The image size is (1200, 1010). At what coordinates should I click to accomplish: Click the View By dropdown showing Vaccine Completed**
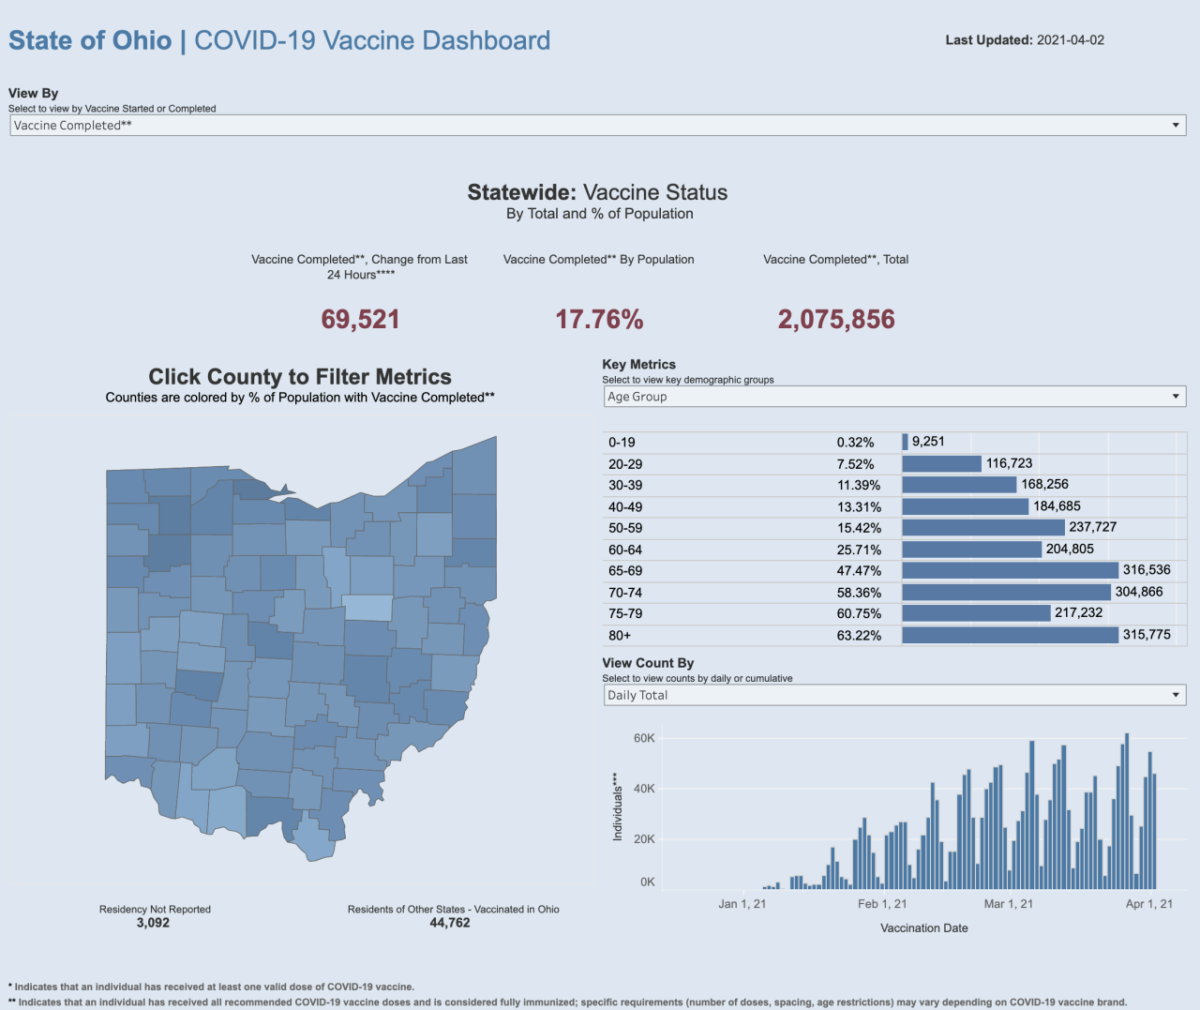tap(597, 126)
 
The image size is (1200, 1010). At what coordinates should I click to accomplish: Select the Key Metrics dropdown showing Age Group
tap(894, 397)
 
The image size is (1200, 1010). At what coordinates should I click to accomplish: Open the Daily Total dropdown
tap(894, 695)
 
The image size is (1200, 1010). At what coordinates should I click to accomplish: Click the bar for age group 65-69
tap(1010, 570)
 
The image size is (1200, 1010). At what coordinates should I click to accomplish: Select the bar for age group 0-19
tap(905, 442)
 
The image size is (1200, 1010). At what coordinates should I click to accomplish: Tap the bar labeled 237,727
tap(982, 528)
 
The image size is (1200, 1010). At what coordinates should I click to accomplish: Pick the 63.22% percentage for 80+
tap(859, 636)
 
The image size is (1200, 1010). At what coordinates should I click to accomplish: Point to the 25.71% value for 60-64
tap(859, 550)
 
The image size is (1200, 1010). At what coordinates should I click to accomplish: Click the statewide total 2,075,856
tap(836, 320)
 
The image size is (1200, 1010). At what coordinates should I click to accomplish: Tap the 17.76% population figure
tap(599, 320)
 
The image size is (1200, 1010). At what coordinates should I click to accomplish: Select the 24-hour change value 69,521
tap(360, 320)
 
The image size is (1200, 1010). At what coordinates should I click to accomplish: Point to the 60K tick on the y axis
tap(644, 738)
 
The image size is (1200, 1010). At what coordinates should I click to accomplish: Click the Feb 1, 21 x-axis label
tap(882, 904)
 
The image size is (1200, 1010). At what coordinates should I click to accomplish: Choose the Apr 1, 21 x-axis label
tap(1148, 904)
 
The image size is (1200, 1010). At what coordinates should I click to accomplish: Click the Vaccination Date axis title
tap(923, 928)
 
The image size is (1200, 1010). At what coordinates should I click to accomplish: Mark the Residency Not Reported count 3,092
tap(153, 923)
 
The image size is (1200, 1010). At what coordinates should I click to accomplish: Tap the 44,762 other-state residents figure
tap(450, 923)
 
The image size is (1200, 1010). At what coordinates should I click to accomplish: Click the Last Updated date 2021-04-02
tap(1071, 40)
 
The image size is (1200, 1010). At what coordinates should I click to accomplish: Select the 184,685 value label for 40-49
tap(1057, 506)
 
